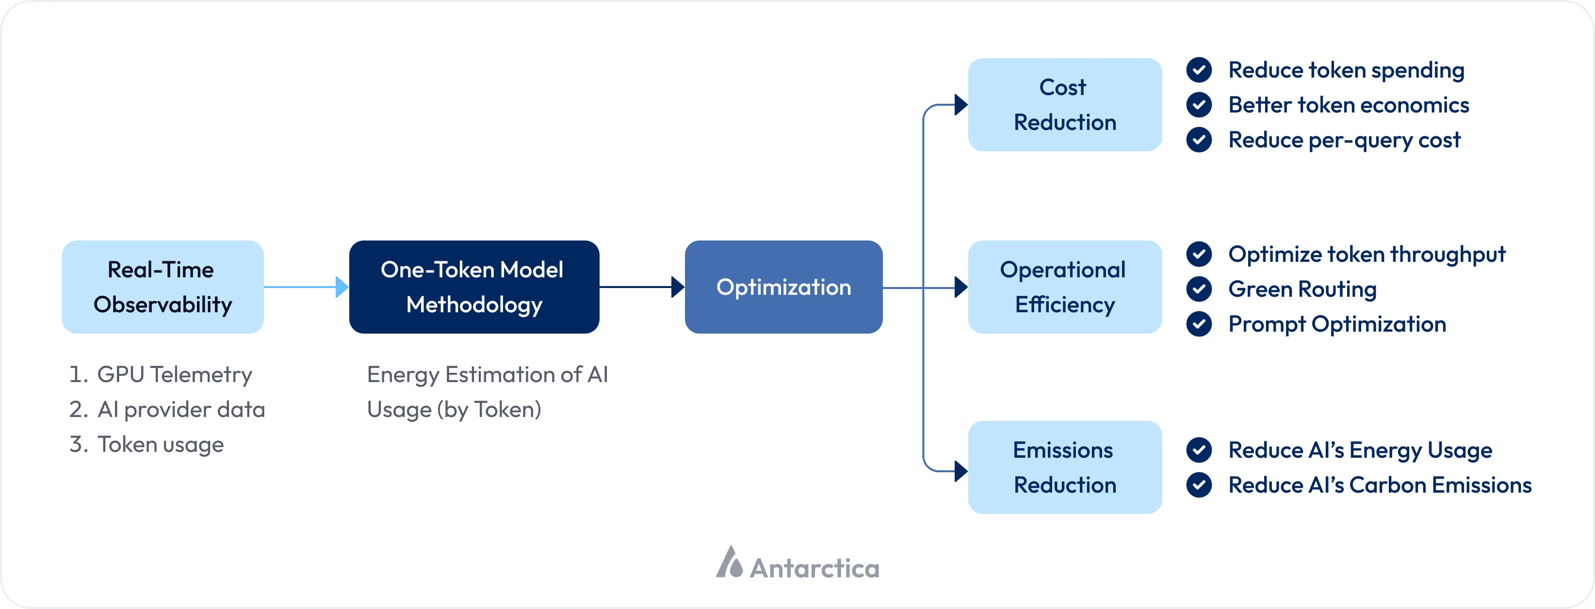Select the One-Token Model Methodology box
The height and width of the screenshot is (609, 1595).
(x=473, y=287)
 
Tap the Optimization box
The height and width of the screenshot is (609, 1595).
(x=783, y=287)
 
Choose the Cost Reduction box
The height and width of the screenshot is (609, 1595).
(x=1064, y=105)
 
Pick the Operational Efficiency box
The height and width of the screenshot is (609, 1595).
(x=1064, y=287)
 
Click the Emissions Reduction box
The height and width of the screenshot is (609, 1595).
(x=1064, y=467)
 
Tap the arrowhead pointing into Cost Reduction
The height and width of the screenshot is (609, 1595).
(x=960, y=105)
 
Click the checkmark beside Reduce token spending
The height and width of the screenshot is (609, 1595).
(x=1199, y=70)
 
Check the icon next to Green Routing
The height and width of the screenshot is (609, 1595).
(x=1199, y=289)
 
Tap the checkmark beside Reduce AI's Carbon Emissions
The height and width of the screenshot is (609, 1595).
(x=1199, y=484)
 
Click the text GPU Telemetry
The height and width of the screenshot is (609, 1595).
(x=175, y=374)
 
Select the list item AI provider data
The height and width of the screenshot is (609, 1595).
(x=181, y=410)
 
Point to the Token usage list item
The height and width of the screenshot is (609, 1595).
(x=161, y=444)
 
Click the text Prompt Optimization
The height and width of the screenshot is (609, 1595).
(x=1337, y=324)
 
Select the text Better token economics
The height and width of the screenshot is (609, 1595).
(x=1348, y=105)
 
